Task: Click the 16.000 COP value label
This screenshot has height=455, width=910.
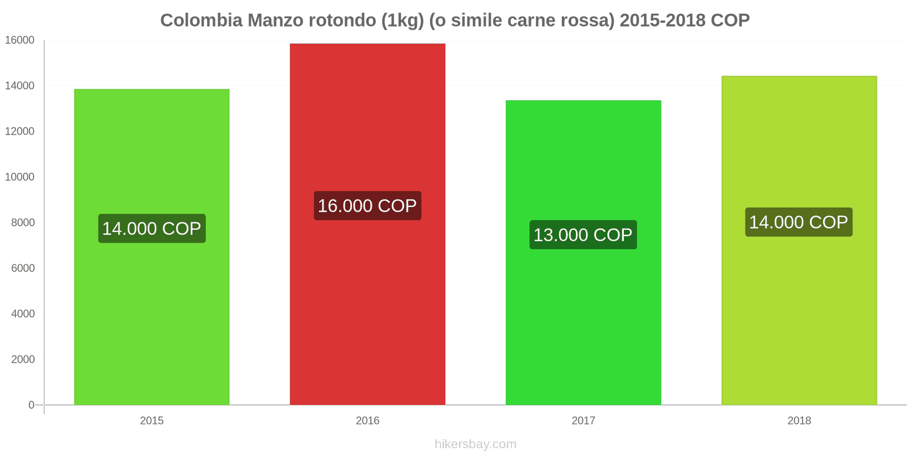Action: pos(367,206)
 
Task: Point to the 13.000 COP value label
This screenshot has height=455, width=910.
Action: pos(583,235)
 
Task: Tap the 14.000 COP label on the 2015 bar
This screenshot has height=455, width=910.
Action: pos(152,229)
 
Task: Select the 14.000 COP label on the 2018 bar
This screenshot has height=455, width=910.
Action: pos(799,222)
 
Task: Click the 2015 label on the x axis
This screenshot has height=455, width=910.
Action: pos(152,421)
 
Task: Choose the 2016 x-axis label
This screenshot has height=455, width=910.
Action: pos(367,421)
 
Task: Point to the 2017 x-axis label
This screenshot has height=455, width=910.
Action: pos(584,421)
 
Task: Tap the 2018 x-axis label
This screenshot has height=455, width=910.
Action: pos(799,421)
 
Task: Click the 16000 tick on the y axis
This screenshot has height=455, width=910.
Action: pos(20,40)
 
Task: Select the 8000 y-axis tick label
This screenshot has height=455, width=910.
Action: pos(23,222)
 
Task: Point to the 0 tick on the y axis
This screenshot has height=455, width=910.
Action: pos(31,405)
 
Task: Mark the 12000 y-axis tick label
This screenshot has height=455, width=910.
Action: pos(20,131)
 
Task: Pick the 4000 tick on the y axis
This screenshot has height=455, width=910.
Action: pos(23,314)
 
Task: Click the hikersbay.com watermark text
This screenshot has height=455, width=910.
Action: pos(475,444)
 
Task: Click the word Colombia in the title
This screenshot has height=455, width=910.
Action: pos(201,20)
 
